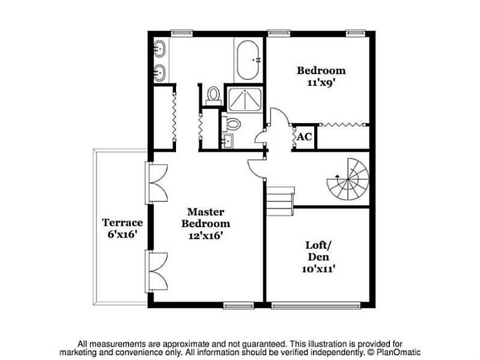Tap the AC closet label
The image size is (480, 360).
(305, 136)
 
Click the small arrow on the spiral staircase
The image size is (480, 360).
(338, 176)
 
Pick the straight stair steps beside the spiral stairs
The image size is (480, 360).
(280, 201)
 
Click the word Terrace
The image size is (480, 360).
(123, 222)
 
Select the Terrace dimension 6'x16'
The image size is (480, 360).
(122, 234)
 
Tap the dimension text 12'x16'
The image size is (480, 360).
(205, 236)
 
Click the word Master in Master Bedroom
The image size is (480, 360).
(205, 212)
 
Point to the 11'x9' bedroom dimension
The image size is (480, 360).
(321, 83)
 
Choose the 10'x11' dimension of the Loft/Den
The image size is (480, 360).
(318, 269)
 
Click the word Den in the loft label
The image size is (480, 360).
(318, 257)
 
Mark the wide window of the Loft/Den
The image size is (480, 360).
(316, 305)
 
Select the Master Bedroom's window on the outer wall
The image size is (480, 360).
(238, 305)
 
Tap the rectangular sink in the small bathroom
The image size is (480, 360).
(227, 141)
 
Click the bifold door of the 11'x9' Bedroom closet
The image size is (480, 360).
(343, 124)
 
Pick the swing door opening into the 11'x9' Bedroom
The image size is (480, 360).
(279, 117)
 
